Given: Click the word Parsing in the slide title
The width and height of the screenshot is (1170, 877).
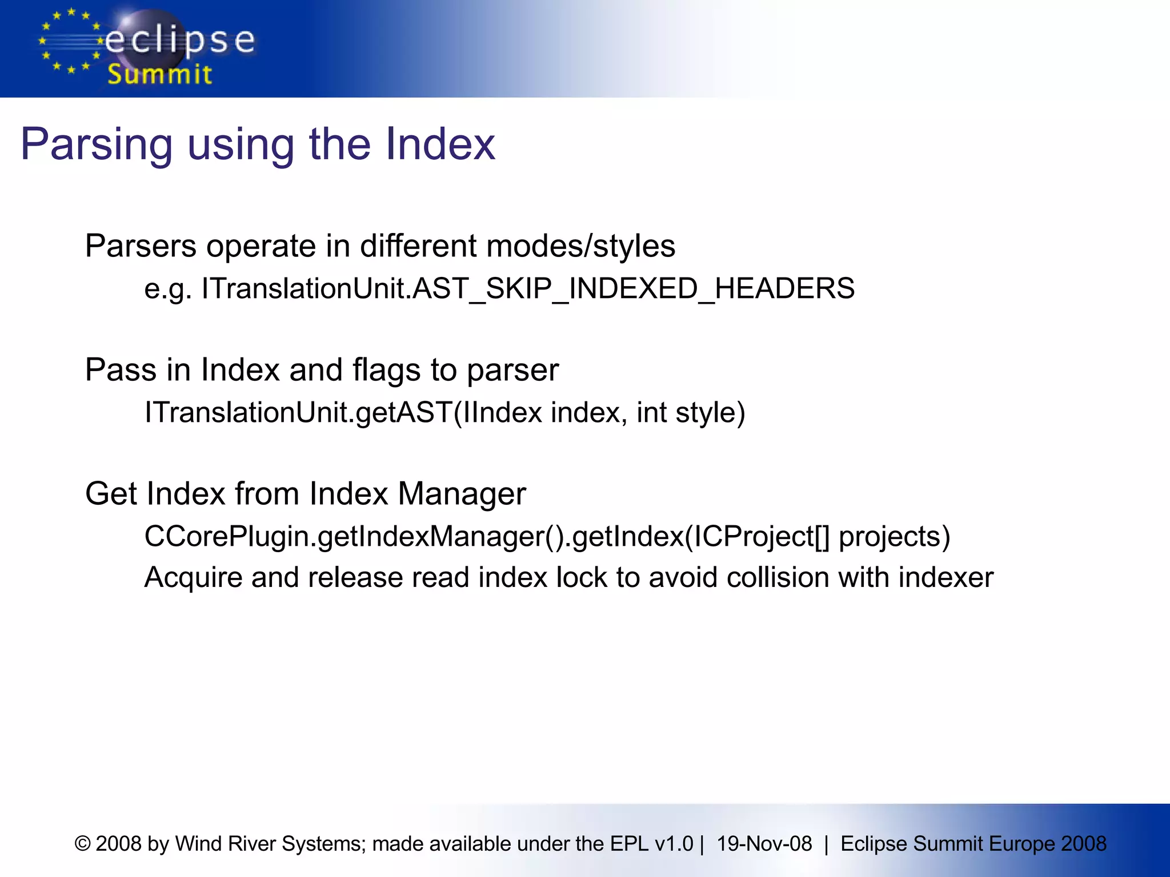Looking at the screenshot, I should point(97,145).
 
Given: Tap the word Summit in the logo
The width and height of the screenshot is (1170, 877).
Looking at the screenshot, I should point(160,75).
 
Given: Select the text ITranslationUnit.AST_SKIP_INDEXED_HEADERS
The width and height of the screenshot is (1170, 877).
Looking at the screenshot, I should point(528,289).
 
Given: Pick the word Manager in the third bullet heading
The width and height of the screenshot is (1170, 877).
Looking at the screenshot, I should point(462,494).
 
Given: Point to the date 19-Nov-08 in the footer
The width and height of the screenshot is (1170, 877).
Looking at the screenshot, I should point(764,844).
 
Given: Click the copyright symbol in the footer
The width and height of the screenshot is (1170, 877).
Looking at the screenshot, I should point(83,844).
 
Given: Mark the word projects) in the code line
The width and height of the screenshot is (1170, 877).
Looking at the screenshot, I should point(894,537).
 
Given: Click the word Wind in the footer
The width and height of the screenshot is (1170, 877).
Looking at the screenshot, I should point(195,844).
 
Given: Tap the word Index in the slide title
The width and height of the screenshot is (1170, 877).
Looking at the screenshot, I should point(440,144).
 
